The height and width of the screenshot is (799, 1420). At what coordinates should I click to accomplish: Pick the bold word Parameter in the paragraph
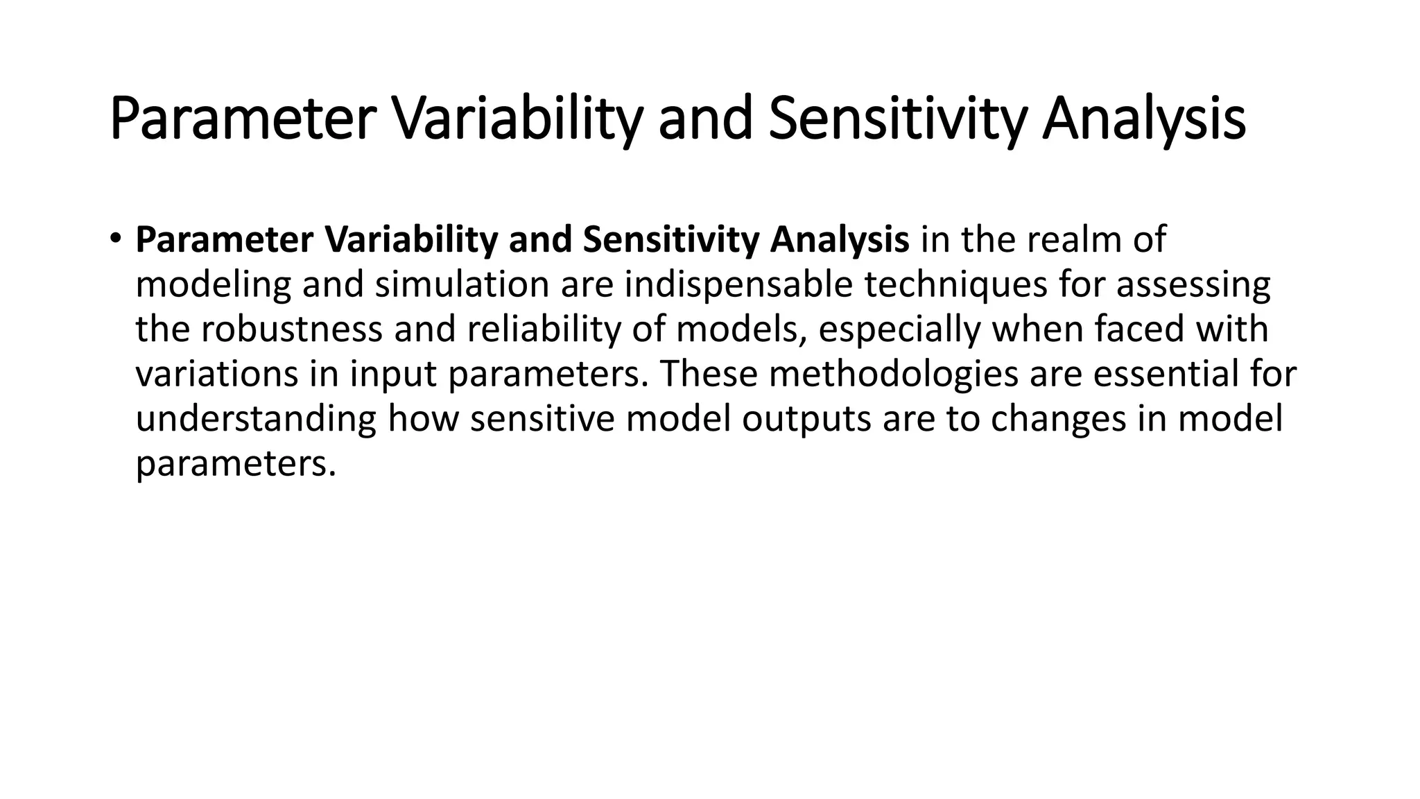[225, 240]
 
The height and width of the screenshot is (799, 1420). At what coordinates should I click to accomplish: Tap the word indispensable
[738, 285]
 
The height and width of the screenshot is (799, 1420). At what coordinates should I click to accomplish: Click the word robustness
[292, 329]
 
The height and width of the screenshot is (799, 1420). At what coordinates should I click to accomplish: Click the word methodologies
[894, 374]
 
